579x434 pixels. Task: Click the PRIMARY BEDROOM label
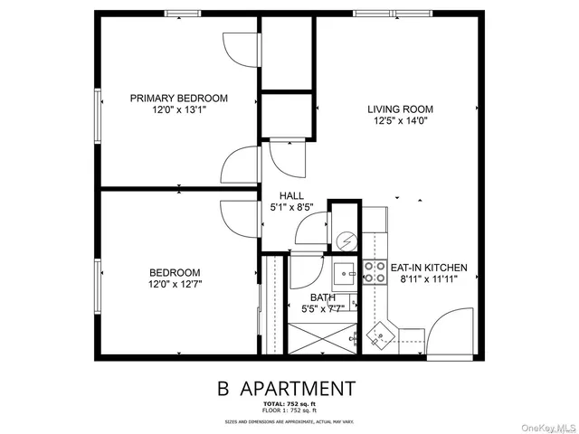[178, 99]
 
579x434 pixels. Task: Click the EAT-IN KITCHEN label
[428, 268]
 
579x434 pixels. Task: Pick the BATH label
[323, 297]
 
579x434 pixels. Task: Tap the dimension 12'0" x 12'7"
[176, 284]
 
